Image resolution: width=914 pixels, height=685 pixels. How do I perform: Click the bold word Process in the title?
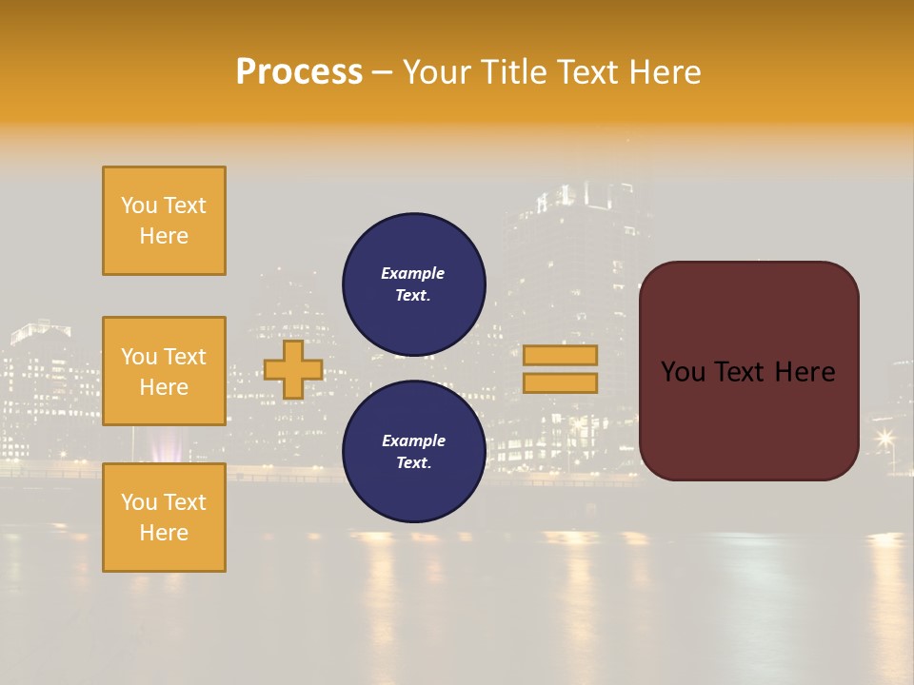point(299,72)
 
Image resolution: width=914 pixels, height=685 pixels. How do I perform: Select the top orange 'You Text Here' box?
point(164,221)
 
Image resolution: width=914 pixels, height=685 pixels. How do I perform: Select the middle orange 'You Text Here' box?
point(164,371)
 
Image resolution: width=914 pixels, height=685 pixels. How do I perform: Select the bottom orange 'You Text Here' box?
point(164,518)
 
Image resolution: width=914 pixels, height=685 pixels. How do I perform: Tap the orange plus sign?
point(293,370)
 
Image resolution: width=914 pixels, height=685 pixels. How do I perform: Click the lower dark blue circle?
point(414,451)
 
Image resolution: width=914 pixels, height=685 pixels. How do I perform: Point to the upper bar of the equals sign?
point(560,355)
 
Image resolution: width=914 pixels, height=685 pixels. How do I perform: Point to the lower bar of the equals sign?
point(560,382)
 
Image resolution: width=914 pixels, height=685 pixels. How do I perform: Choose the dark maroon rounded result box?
point(748,370)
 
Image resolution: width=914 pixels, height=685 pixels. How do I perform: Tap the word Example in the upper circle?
point(413,273)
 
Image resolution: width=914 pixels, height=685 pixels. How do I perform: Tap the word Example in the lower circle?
point(413,440)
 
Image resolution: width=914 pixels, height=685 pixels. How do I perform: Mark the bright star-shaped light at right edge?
point(885,438)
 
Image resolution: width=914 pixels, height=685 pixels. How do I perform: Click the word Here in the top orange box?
point(164,236)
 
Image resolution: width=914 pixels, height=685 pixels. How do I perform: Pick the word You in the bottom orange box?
point(139,502)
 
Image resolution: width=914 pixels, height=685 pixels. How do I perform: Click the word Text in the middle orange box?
point(185,357)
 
